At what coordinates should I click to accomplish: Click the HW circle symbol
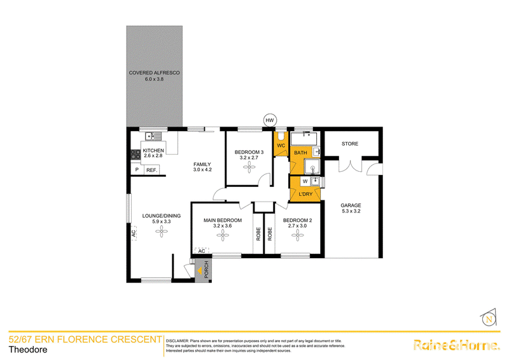pyautogui.click(x=270, y=120)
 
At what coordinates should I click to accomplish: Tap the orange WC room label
pyautogui.click(x=281, y=146)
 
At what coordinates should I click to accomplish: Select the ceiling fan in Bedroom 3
pyautogui.click(x=249, y=167)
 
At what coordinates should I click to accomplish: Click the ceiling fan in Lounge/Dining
pyautogui.click(x=162, y=232)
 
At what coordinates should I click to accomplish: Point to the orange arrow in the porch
pyautogui.click(x=199, y=270)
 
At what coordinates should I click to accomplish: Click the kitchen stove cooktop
pyautogui.click(x=136, y=154)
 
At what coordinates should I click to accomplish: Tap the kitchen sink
pyautogui.click(x=153, y=136)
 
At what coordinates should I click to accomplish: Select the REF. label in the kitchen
pyautogui.click(x=151, y=170)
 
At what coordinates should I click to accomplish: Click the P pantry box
pyautogui.click(x=137, y=170)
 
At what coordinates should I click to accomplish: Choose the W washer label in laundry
pyautogui.click(x=305, y=181)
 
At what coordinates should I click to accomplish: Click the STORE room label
pyautogui.click(x=350, y=144)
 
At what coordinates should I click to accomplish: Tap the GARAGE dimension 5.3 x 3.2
pyautogui.click(x=351, y=211)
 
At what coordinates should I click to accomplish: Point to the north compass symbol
pyautogui.click(x=489, y=317)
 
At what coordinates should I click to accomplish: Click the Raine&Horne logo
pyautogui.click(x=456, y=345)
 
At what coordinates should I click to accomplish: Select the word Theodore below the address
pyautogui.click(x=28, y=350)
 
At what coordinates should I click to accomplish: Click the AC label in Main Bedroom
pyautogui.click(x=202, y=251)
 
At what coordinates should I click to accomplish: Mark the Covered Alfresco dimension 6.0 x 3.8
pyautogui.click(x=154, y=79)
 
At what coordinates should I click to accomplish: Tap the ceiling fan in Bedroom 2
pyautogui.click(x=298, y=235)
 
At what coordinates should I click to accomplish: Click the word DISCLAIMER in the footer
pyautogui.click(x=178, y=341)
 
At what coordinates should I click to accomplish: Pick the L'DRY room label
pyautogui.click(x=305, y=194)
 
